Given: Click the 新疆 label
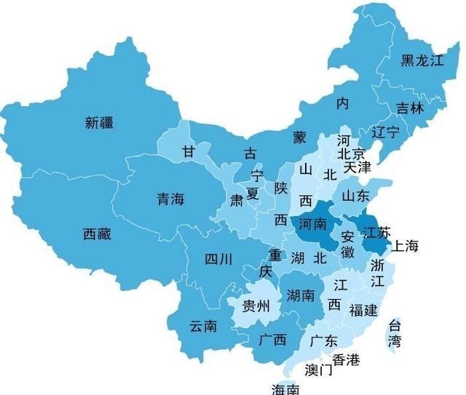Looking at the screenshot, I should [x=99, y=122].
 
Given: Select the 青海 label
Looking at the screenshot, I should [x=171, y=199].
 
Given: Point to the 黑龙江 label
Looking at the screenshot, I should [x=422, y=60].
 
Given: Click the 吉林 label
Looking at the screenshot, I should [x=408, y=108].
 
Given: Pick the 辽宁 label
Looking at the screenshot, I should [x=385, y=132].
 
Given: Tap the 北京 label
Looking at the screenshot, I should [x=352, y=153].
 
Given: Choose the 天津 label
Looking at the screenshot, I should [x=358, y=167].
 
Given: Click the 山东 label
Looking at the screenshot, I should [x=355, y=196].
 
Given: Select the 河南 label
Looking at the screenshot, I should [x=313, y=223].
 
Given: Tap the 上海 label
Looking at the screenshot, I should [x=406, y=246].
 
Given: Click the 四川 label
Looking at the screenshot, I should [x=218, y=258].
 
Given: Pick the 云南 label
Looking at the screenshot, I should [x=203, y=327].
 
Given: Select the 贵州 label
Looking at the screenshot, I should [x=256, y=305].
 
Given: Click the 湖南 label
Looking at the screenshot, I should [x=301, y=295].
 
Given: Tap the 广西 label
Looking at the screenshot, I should [x=272, y=340].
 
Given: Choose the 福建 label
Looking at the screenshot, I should [x=363, y=311].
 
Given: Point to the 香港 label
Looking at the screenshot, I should [x=346, y=359].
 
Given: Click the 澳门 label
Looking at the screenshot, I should [x=318, y=370].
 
